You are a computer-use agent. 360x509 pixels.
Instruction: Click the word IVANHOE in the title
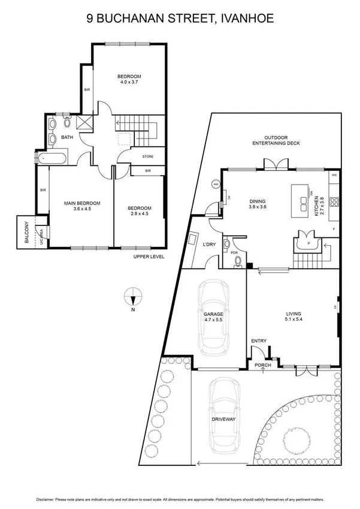(245, 19)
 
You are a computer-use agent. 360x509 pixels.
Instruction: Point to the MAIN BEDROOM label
(82, 204)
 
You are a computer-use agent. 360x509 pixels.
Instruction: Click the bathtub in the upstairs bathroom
(53, 159)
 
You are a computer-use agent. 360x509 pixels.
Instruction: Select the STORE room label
(147, 157)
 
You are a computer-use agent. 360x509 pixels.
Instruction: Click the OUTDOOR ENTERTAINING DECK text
(277, 140)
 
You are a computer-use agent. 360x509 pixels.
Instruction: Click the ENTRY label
(259, 341)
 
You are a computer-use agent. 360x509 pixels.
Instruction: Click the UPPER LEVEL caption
(149, 257)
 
